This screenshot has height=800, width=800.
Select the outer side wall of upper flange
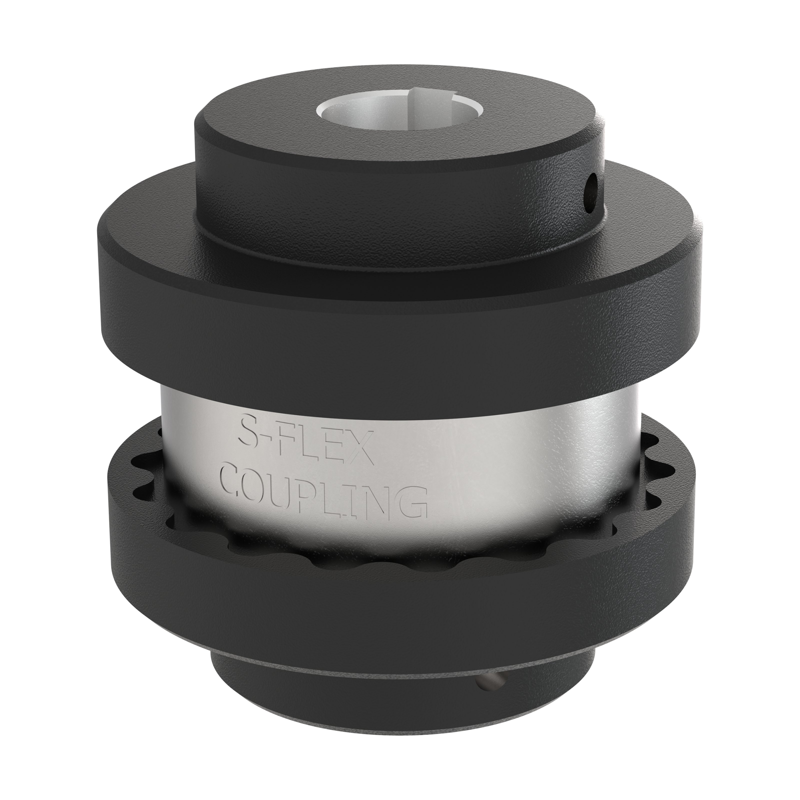click(x=397, y=339)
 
